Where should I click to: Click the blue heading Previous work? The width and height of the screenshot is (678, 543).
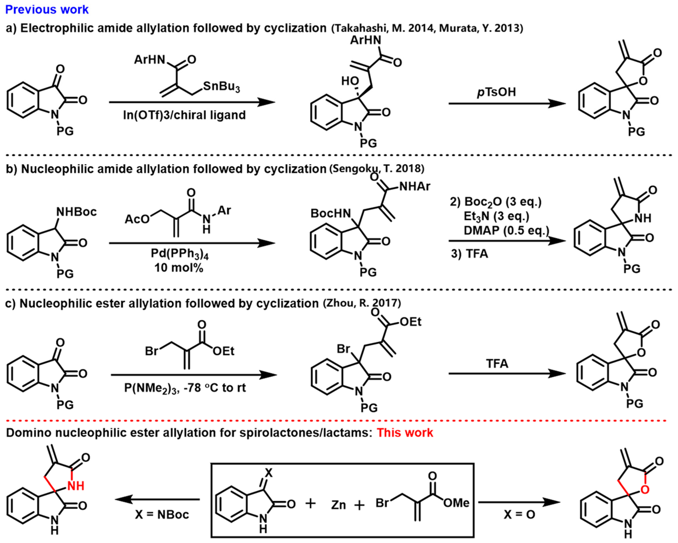tap(47, 9)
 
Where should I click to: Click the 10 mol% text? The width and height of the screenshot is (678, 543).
tap(179, 268)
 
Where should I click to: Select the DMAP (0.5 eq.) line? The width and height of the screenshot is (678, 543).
tap(506, 230)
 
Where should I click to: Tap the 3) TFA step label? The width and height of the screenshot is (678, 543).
tap(469, 254)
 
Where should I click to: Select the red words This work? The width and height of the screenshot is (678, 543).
tap(405, 433)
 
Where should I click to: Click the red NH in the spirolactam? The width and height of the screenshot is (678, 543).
tap(76, 486)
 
